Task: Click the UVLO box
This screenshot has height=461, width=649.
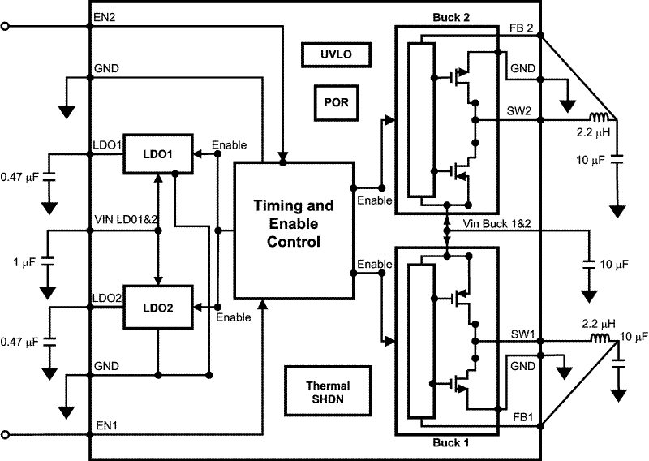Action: click(x=335, y=55)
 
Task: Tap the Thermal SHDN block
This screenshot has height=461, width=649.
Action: click(x=328, y=393)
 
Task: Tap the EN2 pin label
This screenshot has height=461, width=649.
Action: click(x=105, y=18)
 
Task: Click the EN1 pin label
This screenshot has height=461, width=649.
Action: click(x=105, y=424)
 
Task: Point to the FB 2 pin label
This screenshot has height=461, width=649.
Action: click(x=521, y=28)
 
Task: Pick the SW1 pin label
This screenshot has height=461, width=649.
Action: click(x=522, y=333)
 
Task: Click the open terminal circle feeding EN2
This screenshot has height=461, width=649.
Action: click(x=6, y=27)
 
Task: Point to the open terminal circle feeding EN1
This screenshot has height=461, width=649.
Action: click(x=6, y=434)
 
